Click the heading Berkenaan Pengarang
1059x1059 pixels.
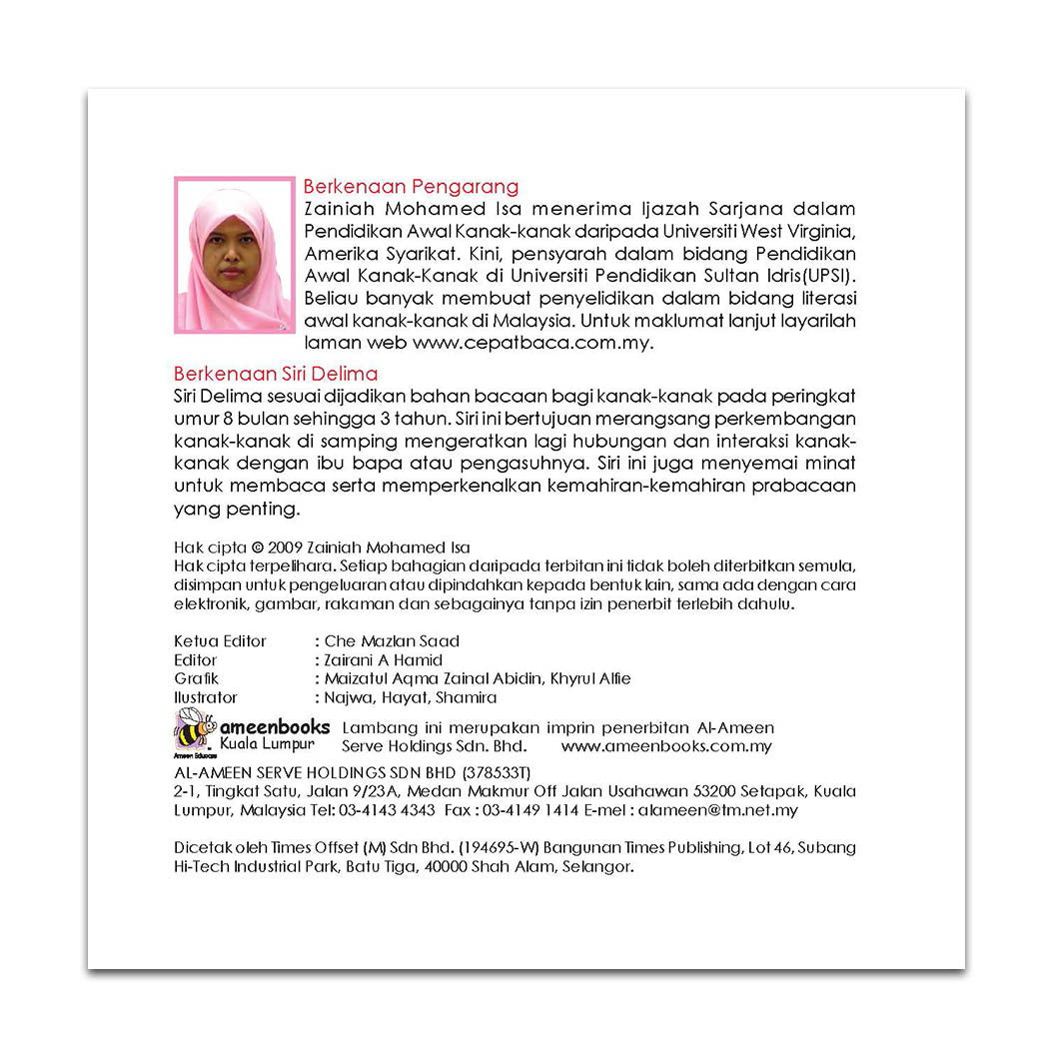411,186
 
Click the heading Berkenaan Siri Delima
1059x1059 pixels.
276,374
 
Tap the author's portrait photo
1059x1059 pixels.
235,255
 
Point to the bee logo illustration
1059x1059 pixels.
194,729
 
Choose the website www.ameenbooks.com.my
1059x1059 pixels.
666,746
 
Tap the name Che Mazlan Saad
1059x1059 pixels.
392,641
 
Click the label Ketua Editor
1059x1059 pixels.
220,641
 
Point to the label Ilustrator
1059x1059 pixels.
206,697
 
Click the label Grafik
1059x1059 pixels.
196,678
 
